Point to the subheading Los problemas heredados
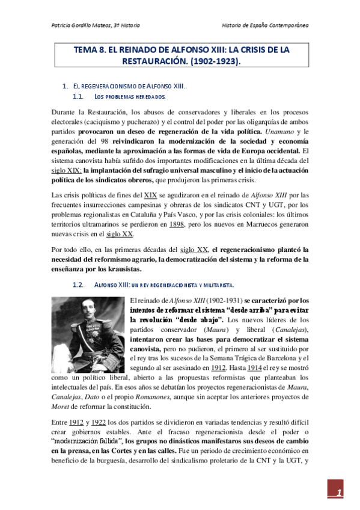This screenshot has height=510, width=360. tap(130, 97)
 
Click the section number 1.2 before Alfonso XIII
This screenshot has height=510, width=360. tap(78, 284)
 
